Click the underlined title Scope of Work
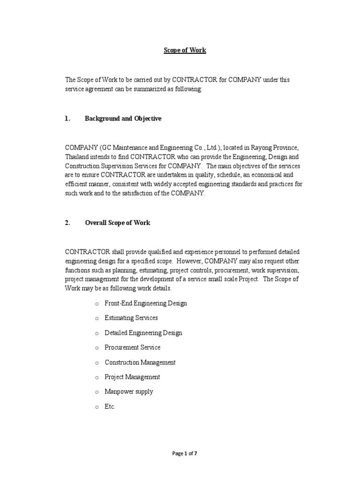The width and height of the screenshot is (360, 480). [185, 50]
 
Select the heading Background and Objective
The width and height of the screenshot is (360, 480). [123, 119]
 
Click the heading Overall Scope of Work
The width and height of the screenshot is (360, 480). [118, 223]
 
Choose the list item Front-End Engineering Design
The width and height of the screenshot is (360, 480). [146, 303]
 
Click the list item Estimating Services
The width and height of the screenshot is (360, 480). [131, 318]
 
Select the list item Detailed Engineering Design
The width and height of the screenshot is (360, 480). [143, 333]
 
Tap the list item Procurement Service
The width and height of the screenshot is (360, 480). [133, 347]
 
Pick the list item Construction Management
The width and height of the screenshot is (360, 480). [140, 362]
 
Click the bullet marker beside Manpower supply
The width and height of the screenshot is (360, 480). [96, 392]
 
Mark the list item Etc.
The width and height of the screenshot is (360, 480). [110, 407]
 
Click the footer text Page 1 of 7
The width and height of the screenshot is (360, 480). [187, 453]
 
